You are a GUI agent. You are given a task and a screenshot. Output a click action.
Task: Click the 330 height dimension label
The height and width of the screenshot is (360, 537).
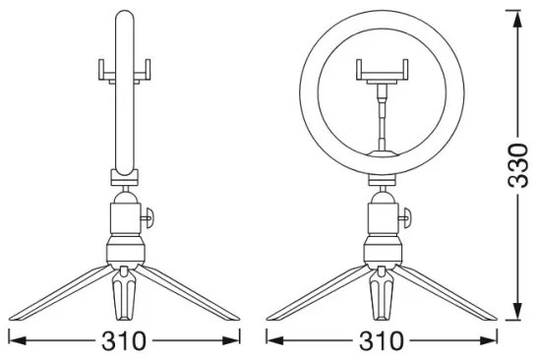pyautogui.click(x=518, y=166)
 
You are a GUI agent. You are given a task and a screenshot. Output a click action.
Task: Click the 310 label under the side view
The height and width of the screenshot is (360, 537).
pyautogui.click(x=124, y=340)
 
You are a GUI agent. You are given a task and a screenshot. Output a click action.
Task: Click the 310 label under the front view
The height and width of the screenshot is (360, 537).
pyautogui.click(x=382, y=340)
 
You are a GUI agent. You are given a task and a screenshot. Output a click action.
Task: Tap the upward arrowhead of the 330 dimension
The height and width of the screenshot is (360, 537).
pyautogui.click(x=518, y=20)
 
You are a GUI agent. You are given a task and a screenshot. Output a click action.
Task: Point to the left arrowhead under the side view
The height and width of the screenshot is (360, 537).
pyautogui.click(x=18, y=340)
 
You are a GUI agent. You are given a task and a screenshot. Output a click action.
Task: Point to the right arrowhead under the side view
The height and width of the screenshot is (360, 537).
pyautogui.click(x=230, y=340)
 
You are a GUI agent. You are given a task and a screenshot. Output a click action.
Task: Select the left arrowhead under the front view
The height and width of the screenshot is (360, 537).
pyautogui.click(x=275, y=340)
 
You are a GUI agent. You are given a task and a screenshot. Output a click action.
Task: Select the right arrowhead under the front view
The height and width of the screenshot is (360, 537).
pyautogui.click(x=488, y=340)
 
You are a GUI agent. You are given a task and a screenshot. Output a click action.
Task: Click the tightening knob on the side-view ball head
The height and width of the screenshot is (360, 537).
pyautogui.click(x=148, y=217)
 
